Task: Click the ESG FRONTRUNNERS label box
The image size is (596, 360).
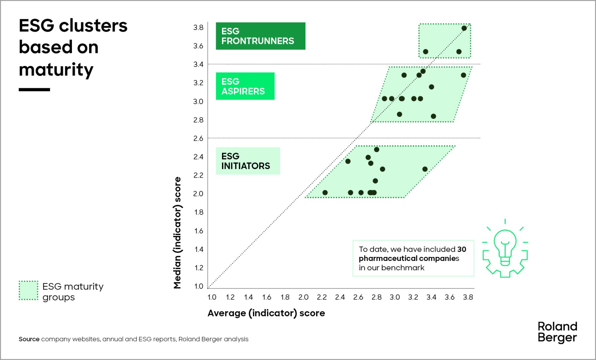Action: click(260, 36)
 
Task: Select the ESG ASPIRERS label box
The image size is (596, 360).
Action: click(245, 86)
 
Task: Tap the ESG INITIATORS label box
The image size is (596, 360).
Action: click(248, 161)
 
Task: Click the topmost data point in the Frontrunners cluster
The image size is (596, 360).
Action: click(464, 28)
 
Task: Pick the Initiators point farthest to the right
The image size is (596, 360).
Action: click(425, 169)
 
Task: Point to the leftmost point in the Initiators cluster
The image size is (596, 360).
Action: click(325, 192)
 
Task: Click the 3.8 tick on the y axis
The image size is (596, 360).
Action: click(198, 28)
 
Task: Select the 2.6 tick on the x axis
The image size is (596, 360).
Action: click(358, 297)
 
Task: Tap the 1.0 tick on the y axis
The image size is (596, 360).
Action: click(199, 286)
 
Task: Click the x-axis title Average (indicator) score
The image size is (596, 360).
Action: click(266, 313)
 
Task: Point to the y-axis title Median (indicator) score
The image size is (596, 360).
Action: click(177, 233)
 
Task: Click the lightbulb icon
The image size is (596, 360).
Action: click(505, 248)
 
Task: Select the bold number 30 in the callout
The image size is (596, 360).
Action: click(462, 249)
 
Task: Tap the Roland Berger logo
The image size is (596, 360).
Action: click(557, 332)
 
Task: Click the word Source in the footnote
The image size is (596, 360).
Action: click(29, 339)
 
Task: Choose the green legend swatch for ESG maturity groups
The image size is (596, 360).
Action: click(28, 290)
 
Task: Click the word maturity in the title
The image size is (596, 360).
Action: click(56, 70)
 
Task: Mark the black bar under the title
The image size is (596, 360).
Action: click(34, 90)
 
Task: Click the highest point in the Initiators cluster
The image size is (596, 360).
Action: click(377, 150)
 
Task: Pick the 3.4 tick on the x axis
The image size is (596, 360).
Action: click(431, 297)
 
